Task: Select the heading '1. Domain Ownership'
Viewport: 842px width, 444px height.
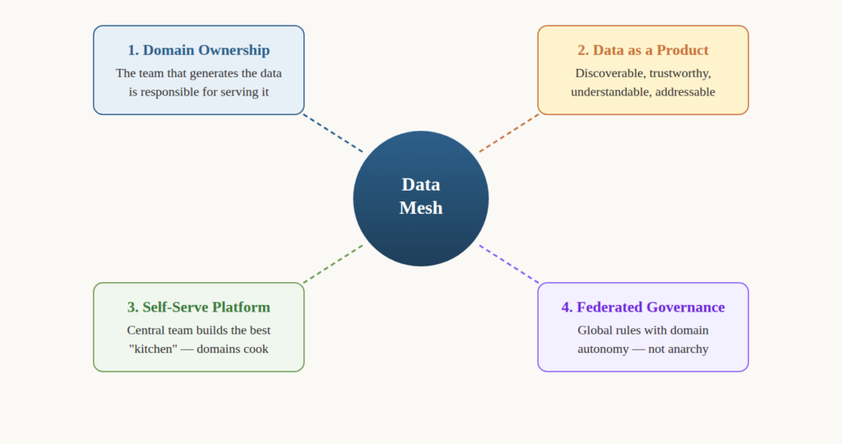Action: click(x=198, y=50)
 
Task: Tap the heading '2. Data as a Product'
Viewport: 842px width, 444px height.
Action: click(x=643, y=50)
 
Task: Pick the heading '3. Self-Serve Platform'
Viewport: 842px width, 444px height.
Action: click(x=198, y=308)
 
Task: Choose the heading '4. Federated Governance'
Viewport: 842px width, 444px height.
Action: click(x=643, y=308)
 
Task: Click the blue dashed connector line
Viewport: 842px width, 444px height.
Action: click(x=333, y=133)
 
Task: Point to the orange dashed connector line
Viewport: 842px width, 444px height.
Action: click(x=509, y=133)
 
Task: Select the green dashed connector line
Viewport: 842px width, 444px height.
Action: click(x=333, y=264)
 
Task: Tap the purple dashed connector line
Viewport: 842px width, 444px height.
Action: click(x=509, y=264)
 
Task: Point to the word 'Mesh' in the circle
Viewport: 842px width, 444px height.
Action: click(x=420, y=208)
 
